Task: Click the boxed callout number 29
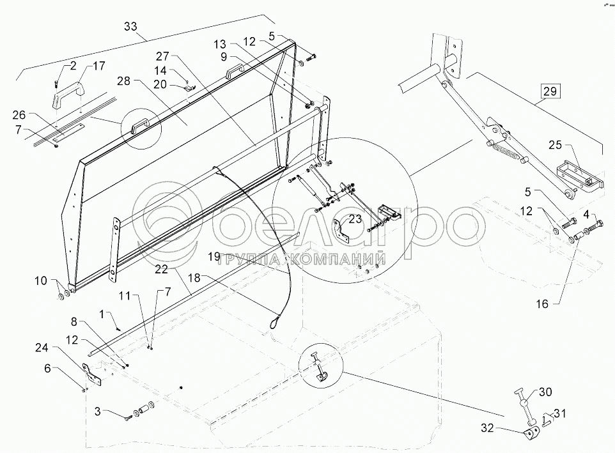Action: (550, 91)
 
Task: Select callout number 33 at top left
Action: (130, 26)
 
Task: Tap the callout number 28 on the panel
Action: (123, 82)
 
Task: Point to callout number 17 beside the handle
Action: (99, 66)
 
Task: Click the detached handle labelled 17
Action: (65, 94)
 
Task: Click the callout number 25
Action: (555, 145)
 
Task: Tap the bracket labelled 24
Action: (92, 374)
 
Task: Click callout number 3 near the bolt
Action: (98, 411)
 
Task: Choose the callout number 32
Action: (488, 428)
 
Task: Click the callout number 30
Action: (545, 392)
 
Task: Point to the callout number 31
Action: (559, 413)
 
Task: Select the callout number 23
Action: (355, 219)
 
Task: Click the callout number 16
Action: (542, 303)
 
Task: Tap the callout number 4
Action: (587, 214)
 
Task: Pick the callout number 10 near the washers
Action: (41, 280)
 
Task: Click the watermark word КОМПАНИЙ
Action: (338, 259)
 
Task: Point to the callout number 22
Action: (161, 269)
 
